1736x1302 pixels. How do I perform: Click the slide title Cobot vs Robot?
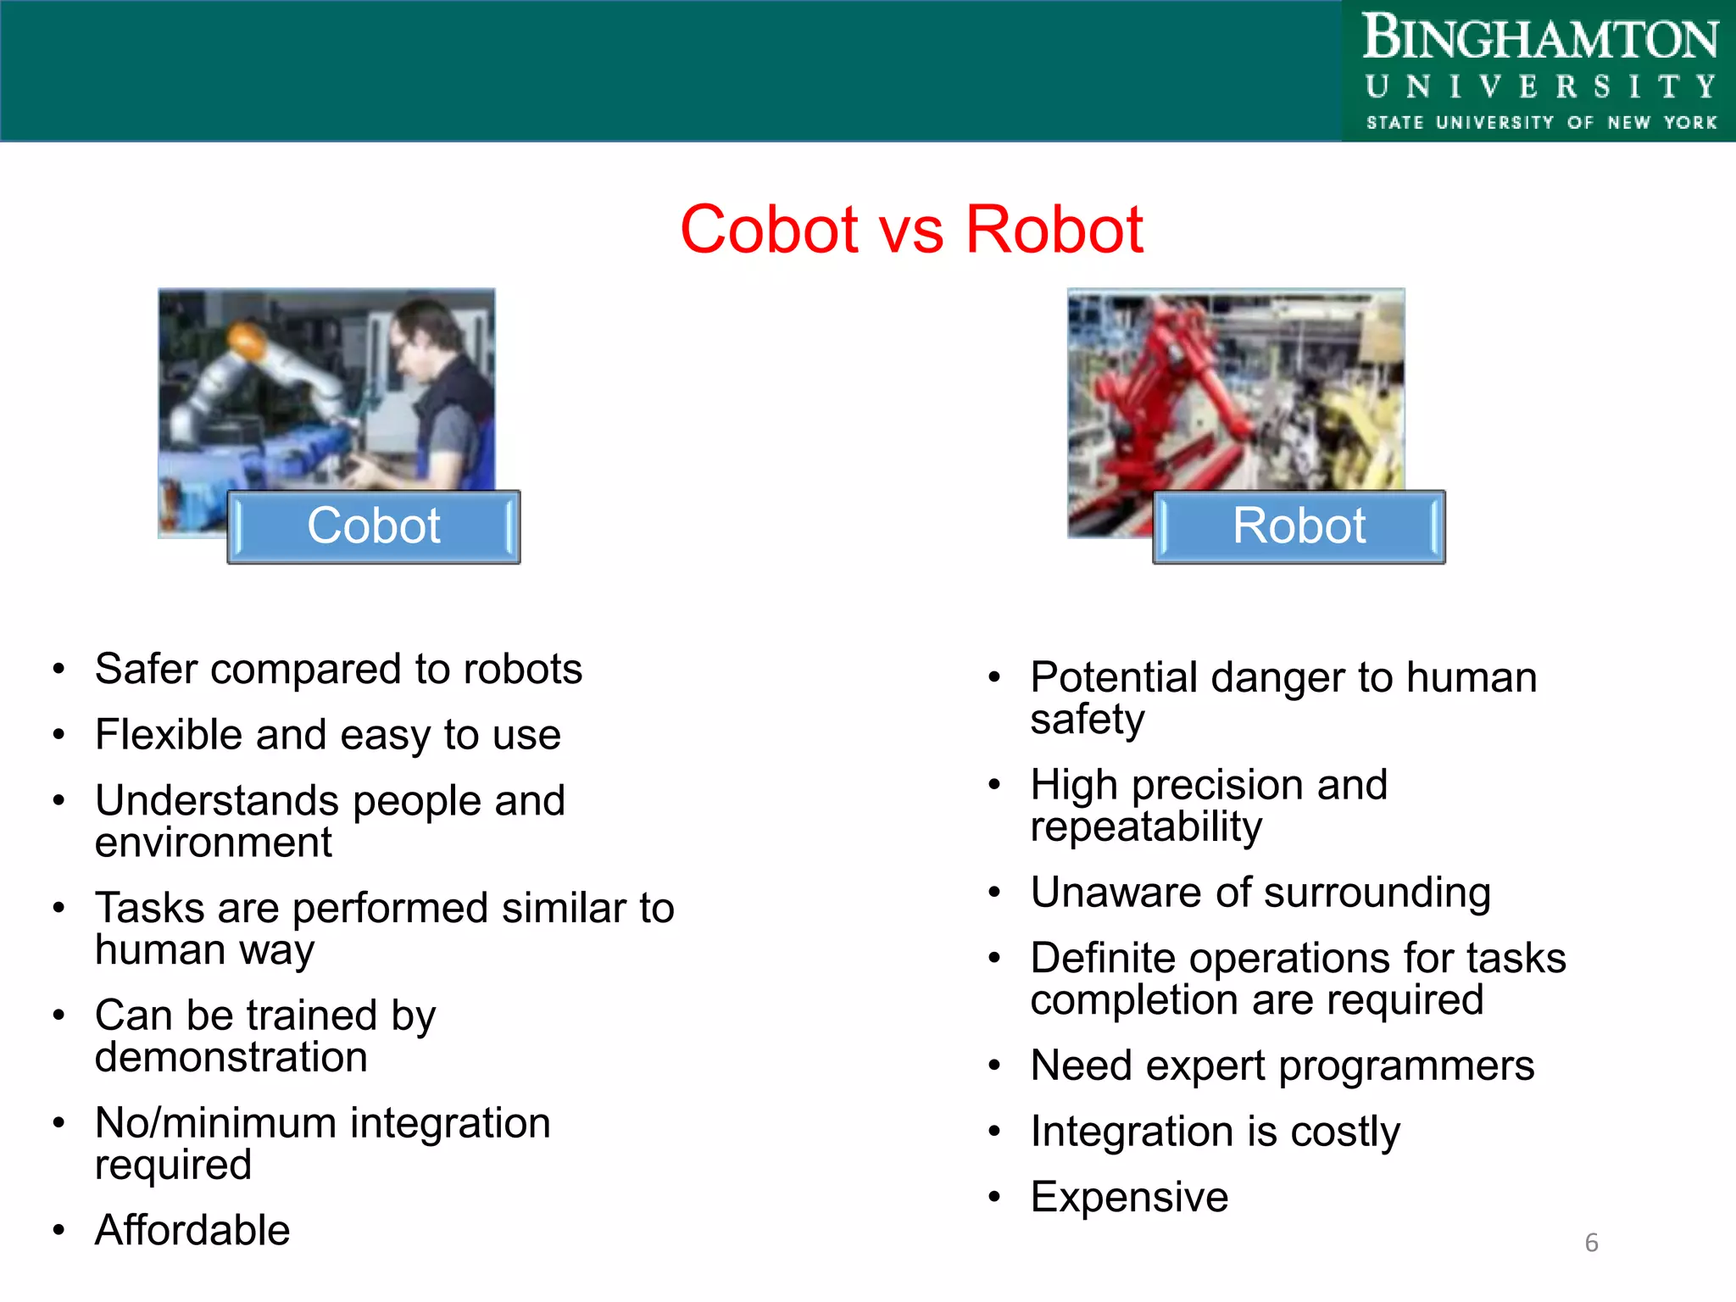(x=911, y=230)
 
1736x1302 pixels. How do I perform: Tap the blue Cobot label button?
(x=374, y=526)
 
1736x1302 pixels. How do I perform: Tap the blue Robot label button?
(x=1299, y=526)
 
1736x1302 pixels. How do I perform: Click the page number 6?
(x=1591, y=1243)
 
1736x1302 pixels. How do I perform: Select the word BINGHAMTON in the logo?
(x=1539, y=39)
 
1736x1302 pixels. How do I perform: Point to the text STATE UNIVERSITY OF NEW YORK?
(x=1541, y=123)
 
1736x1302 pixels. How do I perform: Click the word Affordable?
(x=192, y=1230)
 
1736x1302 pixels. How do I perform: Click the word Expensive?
(x=1129, y=1197)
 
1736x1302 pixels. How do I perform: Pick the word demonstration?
(x=231, y=1058)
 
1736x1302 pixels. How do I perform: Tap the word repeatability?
(x=1146, y=827)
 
